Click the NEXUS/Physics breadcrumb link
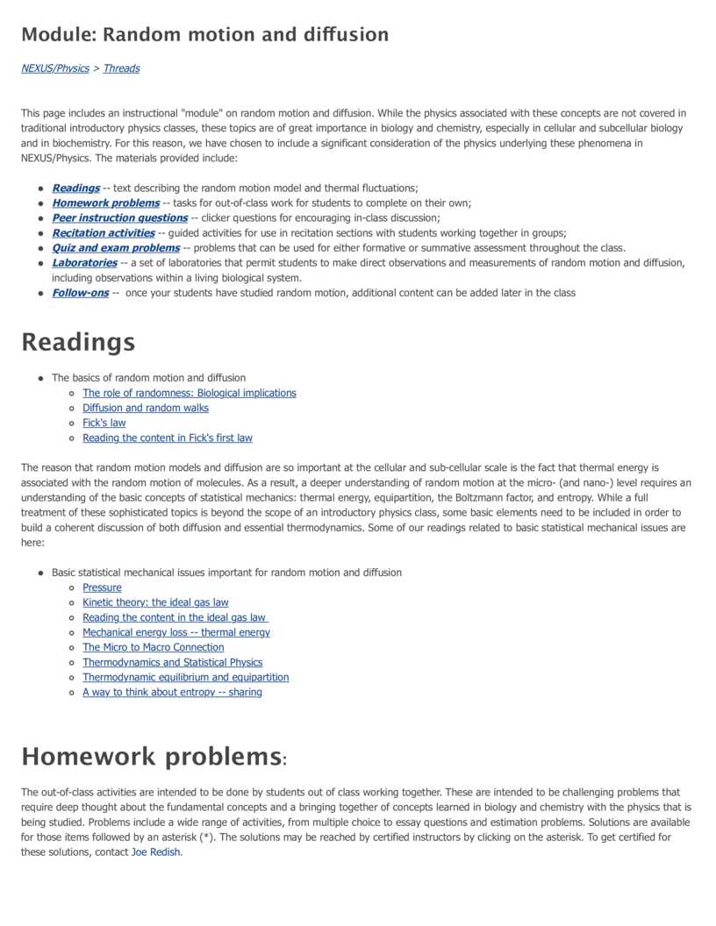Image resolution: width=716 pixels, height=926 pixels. point(55,68)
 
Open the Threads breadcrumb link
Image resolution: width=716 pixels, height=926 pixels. point(121,68)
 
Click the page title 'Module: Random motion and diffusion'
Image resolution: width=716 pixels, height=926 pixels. point(204,35)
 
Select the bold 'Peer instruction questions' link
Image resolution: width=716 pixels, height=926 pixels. point(119,217)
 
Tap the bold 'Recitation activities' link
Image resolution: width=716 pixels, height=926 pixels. point(104,232)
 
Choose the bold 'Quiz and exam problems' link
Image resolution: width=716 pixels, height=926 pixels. point(116,248)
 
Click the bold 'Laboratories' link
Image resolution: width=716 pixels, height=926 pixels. point(84,263)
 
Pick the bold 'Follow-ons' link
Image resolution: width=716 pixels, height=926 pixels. point(80,293)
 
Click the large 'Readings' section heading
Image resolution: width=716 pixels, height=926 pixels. point(78,342)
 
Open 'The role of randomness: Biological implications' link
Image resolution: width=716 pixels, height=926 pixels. point(190,393)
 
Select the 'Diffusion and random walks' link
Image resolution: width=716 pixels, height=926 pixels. point(146,408)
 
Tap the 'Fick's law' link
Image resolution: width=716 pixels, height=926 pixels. point(104,423)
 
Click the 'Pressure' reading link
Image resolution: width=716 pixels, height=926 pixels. point(102,588)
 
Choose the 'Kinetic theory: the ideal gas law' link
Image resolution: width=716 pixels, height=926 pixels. point(155,602)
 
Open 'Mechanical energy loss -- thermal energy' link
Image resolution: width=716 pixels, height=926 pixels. point(176,632)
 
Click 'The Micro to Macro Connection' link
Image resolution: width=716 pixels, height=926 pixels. point(154,647)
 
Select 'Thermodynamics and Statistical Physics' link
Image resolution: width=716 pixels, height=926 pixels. point(173,662)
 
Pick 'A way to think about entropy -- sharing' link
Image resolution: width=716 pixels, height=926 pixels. point(172,692)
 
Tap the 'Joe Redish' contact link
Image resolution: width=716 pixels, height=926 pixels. point(155,852)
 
